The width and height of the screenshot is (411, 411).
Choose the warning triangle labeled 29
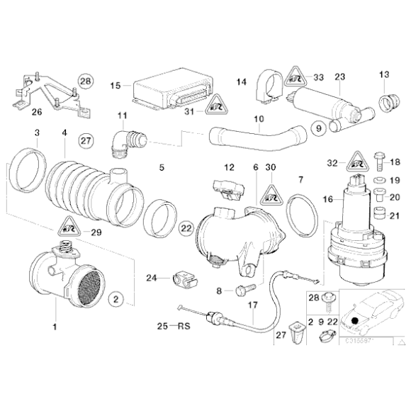coord(69,227)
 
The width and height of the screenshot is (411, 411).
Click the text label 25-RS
coord(174,327)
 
